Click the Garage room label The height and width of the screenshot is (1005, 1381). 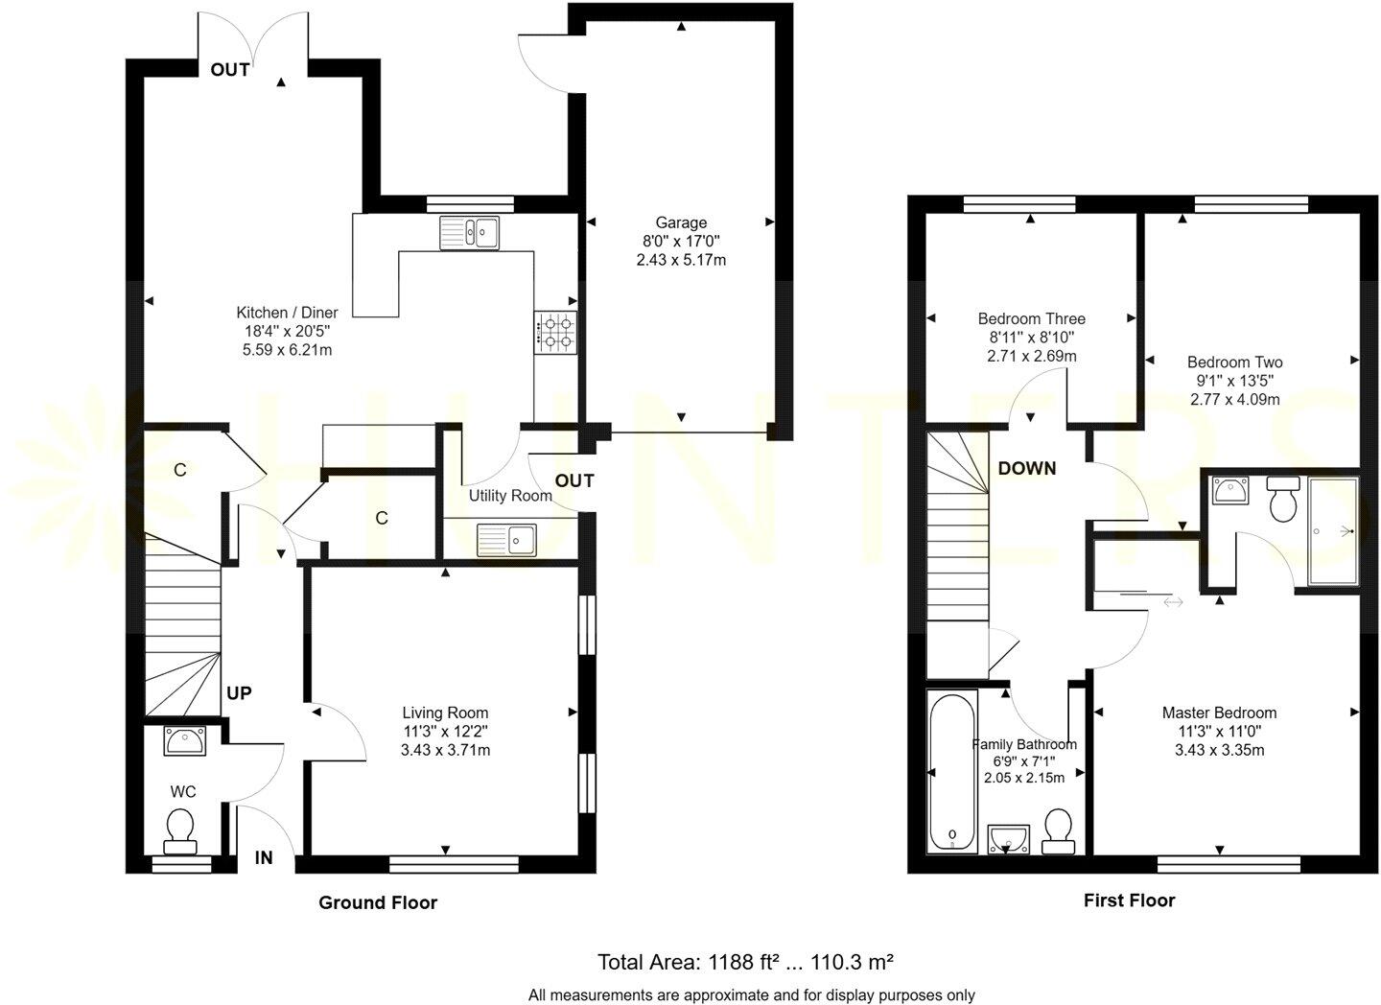[x=681, y=222]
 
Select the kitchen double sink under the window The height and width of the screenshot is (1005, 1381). [x=470, y=232]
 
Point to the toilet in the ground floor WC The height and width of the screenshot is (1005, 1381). [x=180, y=829]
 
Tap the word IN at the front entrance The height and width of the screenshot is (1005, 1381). [x=264, y=858]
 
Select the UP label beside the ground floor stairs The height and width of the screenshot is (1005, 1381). [x=239, y=692]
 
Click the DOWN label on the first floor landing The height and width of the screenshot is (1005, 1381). [x=1027, y=468]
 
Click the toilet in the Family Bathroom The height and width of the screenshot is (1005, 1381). [x=1058, y=830]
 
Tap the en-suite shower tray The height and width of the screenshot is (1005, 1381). [x=1333, y=530]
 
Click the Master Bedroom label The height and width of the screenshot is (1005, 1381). [x=1219, y=713]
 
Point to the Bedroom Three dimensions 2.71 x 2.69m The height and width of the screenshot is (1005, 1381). [x=1031, y=356]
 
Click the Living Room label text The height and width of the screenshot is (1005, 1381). [x=445, y=713]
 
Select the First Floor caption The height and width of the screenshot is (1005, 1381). [x=1129, y=900]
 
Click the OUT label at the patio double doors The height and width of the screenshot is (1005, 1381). [x=230, y=69]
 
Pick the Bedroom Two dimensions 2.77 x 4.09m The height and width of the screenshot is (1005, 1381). [x=1234, y=399]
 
